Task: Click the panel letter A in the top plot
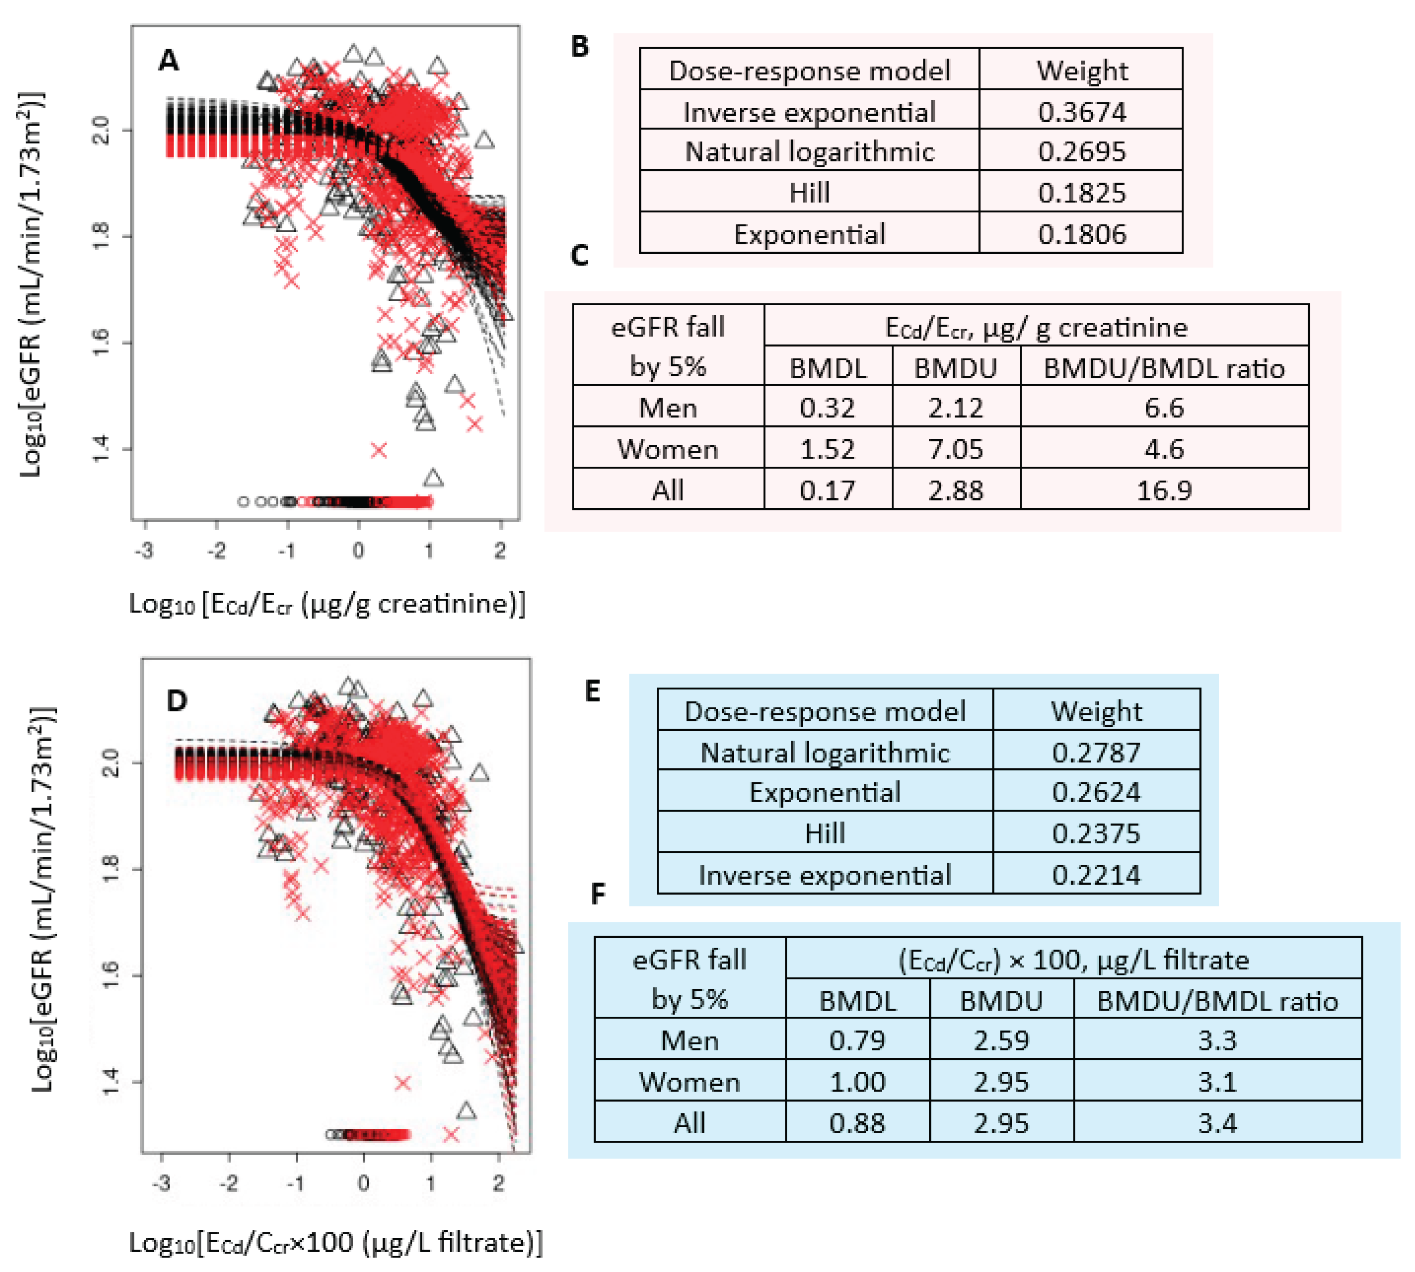[x=169, y=61]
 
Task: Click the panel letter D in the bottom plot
[x=177, y=700]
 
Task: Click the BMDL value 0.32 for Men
[x=827, y=408]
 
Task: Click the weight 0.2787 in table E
[x=1096, y=752]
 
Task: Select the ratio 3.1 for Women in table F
[x=1217, y=1081]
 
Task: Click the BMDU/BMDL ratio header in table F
[x=1217, y=1001]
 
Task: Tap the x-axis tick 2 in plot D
[x=498, y=1183]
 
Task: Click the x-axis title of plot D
[x=336, y=1242]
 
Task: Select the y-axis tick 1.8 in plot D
[x=112, y=869]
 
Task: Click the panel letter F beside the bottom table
[x=597, y=893]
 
